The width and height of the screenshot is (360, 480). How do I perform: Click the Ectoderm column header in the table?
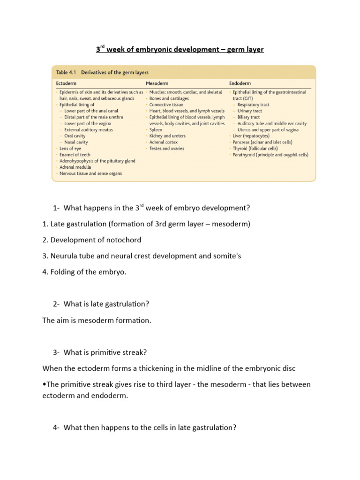66,83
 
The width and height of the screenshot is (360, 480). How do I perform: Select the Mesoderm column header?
157,83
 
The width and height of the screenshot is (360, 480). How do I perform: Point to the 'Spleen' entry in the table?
156,130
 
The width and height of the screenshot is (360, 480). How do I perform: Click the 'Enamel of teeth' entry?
73,155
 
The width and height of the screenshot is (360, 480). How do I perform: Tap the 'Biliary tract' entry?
248,117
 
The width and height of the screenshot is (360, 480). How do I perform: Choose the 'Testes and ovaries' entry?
167,149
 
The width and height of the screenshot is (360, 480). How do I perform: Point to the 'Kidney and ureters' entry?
167,136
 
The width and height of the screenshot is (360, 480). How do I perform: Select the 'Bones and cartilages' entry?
169,99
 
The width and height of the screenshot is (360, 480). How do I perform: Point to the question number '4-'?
56,427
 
